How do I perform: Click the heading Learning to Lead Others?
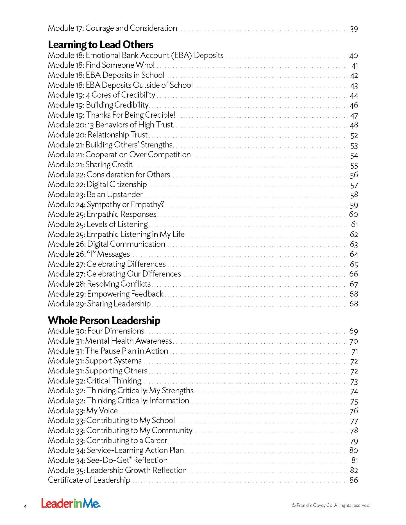pyautogui.click(x=101, y=45)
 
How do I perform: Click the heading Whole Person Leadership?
pyautogui.click(x=104, y=320)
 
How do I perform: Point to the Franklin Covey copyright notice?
pyautogui.click(x=331, y=505)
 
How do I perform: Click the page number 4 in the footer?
pyautogui.click(x=25, y=506)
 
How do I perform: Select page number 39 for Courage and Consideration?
pyautogui.click(x=354, y=29)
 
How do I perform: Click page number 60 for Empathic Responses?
pyautogui.click(x=353, y=214)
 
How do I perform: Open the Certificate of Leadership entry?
pyautogui.click(x=89, y=480)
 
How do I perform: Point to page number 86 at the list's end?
pyautogui.click(x=354, y=480)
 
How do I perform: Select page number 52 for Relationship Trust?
pyautogui.click(x=354, y=135)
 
